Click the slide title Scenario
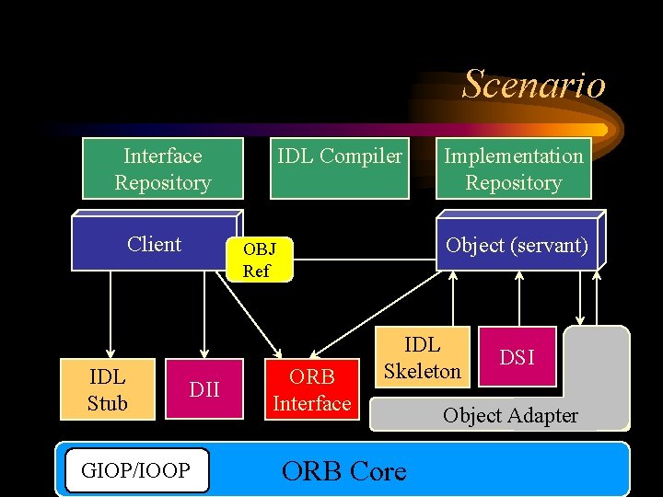pos(533,85)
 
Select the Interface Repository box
pos(162,168)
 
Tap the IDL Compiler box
pos(340,168)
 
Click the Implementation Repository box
pos(513,168)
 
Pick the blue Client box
pos(154,245)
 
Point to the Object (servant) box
pos(517,246)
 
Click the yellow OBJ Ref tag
pos(257,260)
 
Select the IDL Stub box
pos(107,389)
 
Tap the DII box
pos(204,389)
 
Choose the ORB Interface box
pos(311,389)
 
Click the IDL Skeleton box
pos(422,358)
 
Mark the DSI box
pos(517,357)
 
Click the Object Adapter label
pos(510,416)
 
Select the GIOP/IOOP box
pos(136,470)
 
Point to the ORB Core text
pos(343,471)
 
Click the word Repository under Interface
pos(163,182)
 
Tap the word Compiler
pos(360,156)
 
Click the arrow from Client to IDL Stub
pos(110,313)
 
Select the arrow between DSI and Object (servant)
pos(520,299)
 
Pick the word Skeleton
pos(423,371)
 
